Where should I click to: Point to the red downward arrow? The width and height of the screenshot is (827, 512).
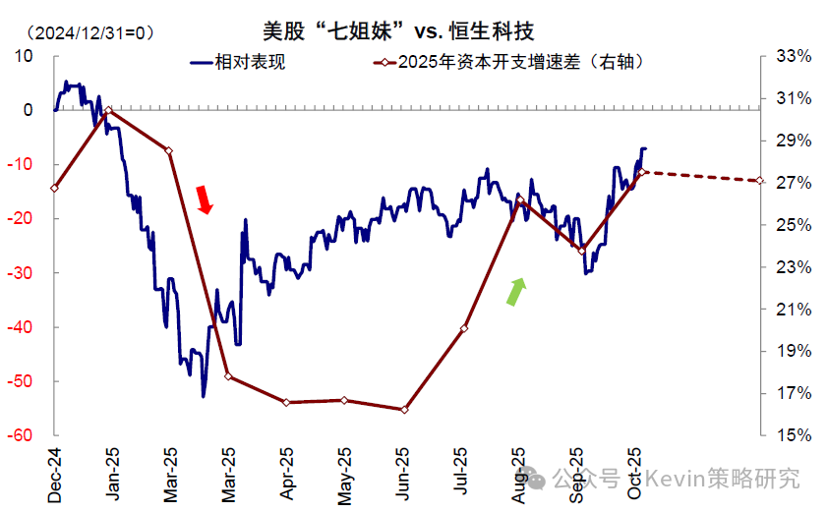click(204, 199)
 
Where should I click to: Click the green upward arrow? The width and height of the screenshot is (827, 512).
click(516, 292)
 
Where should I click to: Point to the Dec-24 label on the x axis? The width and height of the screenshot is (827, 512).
click(55, 474)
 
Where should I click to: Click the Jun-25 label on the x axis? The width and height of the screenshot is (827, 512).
click(403, 474)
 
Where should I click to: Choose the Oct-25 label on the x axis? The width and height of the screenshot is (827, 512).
click(635, 474)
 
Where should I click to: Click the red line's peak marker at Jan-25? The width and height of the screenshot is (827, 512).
click(108, 110)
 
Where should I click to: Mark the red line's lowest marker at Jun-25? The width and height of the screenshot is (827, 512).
click(404, 410)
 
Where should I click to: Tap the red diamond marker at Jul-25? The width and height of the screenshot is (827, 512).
click(464, 328)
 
